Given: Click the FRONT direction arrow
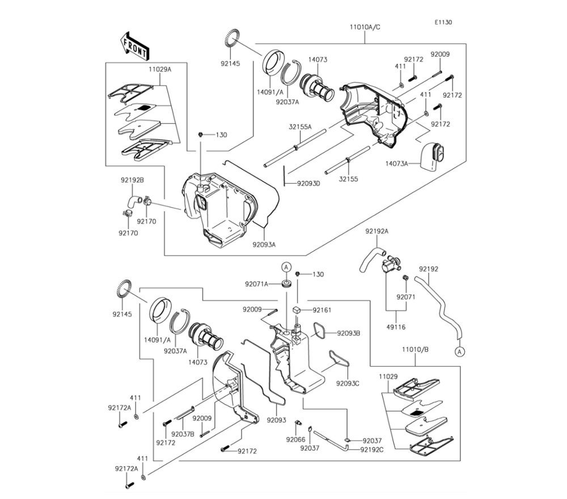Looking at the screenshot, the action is click(x=134, y=46).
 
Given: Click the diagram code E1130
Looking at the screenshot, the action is click(x=443, y=23).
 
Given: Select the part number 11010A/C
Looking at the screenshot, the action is click(x=365, y=27).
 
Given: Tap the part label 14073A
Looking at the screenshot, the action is click(x=396, y=164).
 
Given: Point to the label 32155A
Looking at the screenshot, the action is click(x=300, y=127).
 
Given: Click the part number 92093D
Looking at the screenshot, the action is click(x=309, y=184).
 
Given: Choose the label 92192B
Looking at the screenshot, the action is click(x=132, y=180).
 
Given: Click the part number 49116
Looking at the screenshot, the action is click(x=396, y=327).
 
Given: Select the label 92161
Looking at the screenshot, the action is click(x=322, y=310).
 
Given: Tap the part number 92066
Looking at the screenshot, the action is click(x=296, y=439).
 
